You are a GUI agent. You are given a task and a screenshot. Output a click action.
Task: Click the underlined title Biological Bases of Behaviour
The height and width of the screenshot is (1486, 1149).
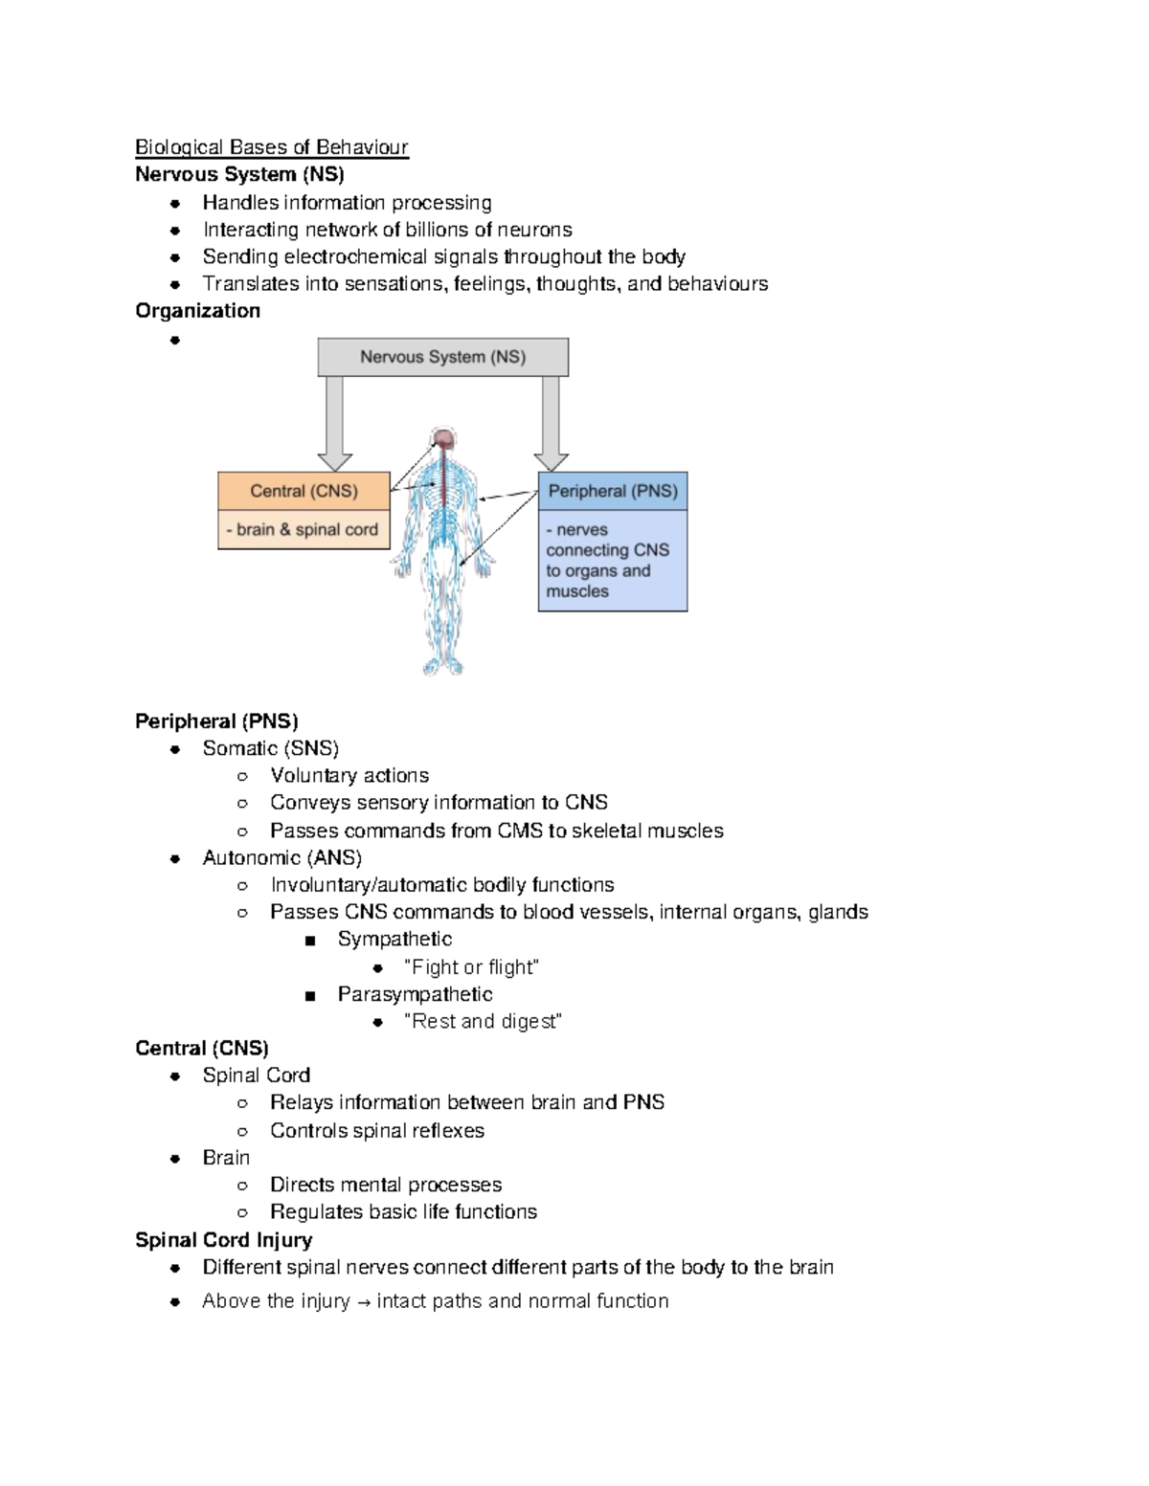point(271,147)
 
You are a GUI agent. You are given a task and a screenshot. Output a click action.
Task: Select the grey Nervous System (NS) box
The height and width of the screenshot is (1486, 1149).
point(442,357)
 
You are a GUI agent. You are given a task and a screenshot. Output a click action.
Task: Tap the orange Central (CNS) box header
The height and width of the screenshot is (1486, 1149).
point(304,491)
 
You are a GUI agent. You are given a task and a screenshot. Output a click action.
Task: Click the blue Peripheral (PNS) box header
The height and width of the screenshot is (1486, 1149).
point(613,491)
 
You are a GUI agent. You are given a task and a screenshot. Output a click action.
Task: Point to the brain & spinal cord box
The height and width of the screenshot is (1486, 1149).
point(304,530)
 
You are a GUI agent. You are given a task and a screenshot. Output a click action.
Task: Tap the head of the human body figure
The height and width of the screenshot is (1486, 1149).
point(443,439)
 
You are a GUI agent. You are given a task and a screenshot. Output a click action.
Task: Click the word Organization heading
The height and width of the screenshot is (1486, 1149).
point(197,311)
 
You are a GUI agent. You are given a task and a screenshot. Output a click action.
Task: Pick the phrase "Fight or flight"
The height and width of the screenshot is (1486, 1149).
point(471,967)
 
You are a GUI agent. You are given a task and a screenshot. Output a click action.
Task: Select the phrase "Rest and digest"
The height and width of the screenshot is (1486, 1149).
point(483,1022)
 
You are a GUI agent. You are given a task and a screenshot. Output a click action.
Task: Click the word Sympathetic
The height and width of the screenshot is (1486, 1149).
point(394,940)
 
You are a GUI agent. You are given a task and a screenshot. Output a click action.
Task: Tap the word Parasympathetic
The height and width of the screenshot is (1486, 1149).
point(415,995)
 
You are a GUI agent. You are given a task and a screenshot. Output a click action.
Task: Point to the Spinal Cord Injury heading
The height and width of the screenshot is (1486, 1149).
point(223,1240)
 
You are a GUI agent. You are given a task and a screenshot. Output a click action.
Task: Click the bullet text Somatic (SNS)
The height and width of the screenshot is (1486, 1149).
point(270,748)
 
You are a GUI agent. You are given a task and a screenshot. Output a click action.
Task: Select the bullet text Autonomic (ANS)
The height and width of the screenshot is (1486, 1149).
point(282,858)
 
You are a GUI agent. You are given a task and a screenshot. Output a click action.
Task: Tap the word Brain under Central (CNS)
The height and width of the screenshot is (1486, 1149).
point(226,1158)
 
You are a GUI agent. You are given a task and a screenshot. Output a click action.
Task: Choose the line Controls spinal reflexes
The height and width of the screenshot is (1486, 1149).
point(376,1131)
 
